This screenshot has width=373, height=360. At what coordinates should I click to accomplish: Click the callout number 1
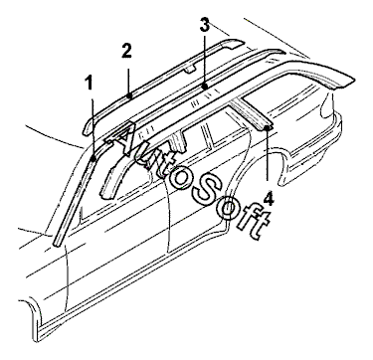click(90, 84)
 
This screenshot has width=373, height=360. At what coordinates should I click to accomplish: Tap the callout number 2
click(126, 51)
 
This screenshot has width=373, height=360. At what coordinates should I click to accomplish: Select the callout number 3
click(205, 25)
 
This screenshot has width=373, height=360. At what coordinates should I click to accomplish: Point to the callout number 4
click(269, 200)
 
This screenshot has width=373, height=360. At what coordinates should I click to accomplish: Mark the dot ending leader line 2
click(130, 95)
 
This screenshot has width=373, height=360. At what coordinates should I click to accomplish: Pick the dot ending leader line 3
click(205, 87)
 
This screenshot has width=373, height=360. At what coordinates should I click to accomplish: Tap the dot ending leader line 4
click(268, 127)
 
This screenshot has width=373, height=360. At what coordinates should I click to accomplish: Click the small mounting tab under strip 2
click(190, 69)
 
